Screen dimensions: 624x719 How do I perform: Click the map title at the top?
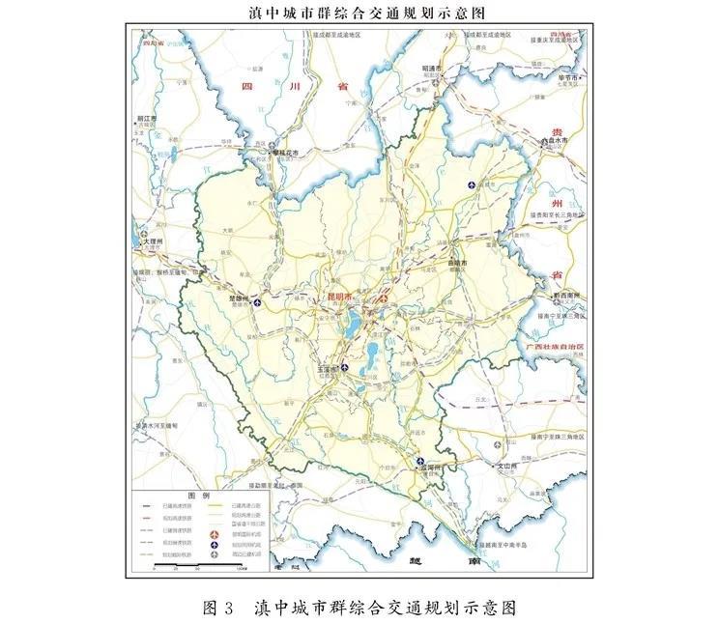(x=360, y=12)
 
